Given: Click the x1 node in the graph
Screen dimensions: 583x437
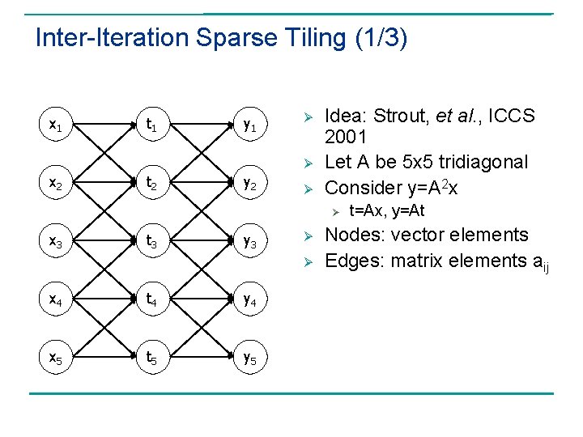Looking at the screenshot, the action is [x=55, y=125].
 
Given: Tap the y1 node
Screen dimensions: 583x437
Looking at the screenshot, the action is [x=249, y=125].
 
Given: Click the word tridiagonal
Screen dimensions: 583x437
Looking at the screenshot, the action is [x=481, y=162].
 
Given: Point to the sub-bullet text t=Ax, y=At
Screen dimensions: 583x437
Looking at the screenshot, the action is [x=386, y=211].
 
